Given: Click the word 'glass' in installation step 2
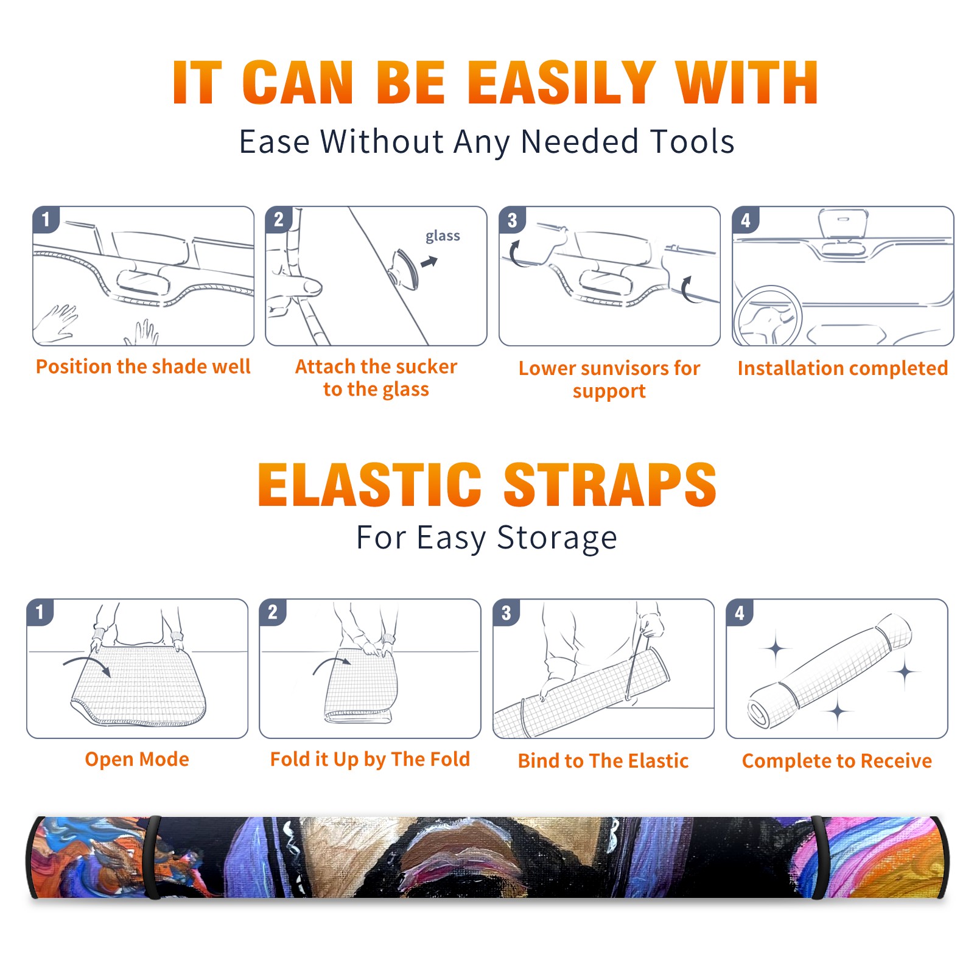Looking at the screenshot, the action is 443,236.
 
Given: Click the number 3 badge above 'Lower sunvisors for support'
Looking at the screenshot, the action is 512,220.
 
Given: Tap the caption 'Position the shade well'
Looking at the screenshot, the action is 143,366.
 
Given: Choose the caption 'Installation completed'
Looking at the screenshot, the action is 843,368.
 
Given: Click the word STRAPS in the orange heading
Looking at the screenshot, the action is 610,485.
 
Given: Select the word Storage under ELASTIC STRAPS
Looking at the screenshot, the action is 557,538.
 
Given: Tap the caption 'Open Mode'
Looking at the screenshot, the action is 137,759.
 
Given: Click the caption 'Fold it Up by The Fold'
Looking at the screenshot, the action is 370,759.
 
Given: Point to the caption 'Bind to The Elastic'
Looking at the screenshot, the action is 603,760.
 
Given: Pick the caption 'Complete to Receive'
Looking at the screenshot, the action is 837,760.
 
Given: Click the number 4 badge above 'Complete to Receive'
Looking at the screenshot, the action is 740,612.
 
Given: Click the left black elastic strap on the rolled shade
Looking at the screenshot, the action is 153,857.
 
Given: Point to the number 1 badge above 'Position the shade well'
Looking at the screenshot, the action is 46,219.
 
